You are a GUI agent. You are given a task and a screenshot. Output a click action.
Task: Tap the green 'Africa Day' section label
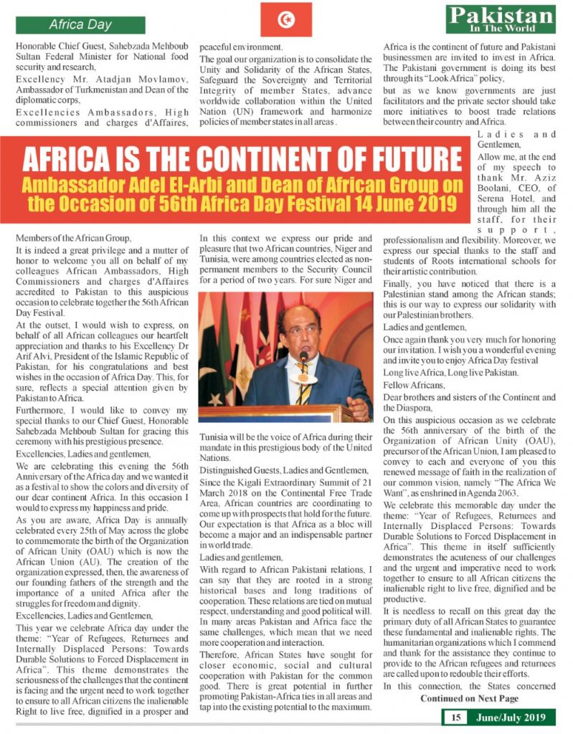point(80,25)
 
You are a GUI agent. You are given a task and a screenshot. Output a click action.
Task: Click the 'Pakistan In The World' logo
point(500,19)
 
